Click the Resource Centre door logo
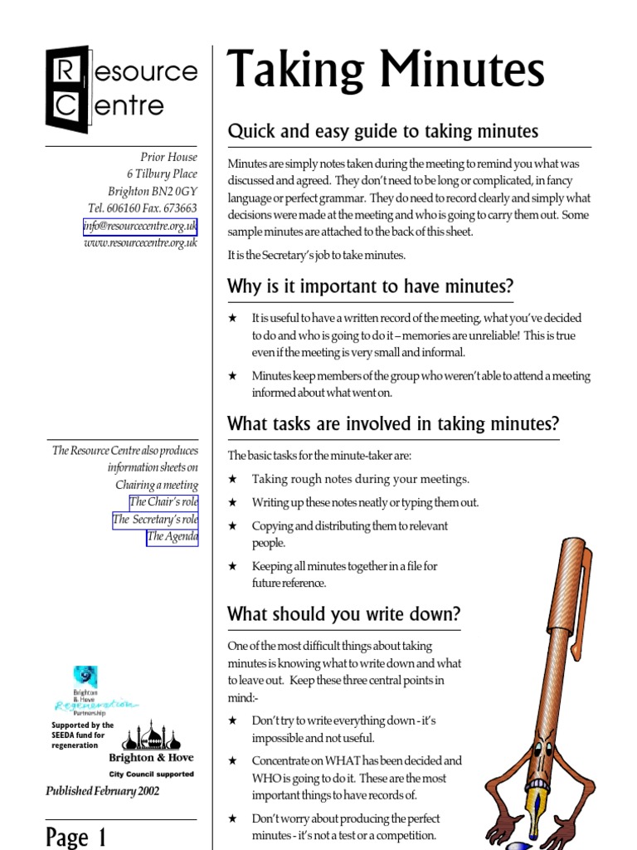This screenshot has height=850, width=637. [x=67, y=90]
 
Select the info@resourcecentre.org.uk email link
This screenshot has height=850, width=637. [x=140, y=226]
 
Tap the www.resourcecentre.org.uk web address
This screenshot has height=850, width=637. [x=140, y=243]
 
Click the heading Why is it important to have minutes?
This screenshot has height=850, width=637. [x=370, y=286]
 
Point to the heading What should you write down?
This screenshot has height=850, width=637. [x=343, y=614]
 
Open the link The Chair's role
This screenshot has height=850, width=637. [x=163, y=502]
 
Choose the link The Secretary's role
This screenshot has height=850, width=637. [x=155, y=520]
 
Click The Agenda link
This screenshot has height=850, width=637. [x=173, y=537]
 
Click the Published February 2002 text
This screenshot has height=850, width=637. [x=103, y=791]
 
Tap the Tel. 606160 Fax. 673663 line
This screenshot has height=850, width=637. [x=142, y=208]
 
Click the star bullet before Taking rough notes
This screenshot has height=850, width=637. [x=233, y=480]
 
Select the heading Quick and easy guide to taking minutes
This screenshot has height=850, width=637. [x=382, y=131]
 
